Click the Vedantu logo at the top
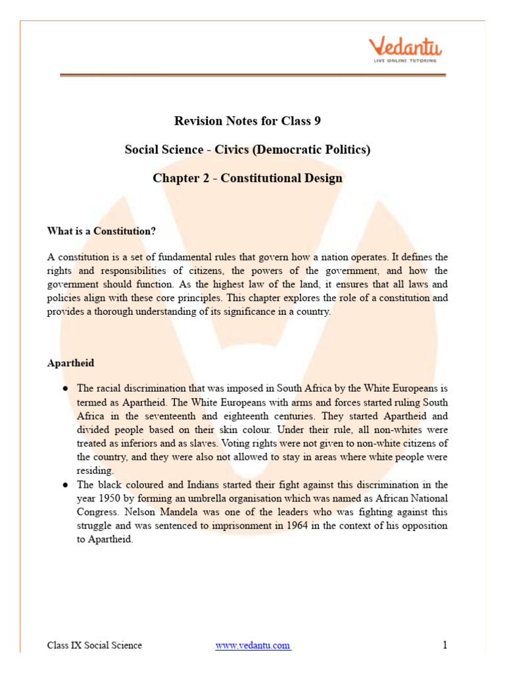[405, 47]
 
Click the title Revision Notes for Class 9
[247, 121]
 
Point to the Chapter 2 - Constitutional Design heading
[247, 178]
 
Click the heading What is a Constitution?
[101, 231]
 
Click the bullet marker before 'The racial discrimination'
[66, 388]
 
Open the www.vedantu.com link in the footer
[252, 645]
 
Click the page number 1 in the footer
[445, 645]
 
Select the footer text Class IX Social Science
[94, 645]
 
